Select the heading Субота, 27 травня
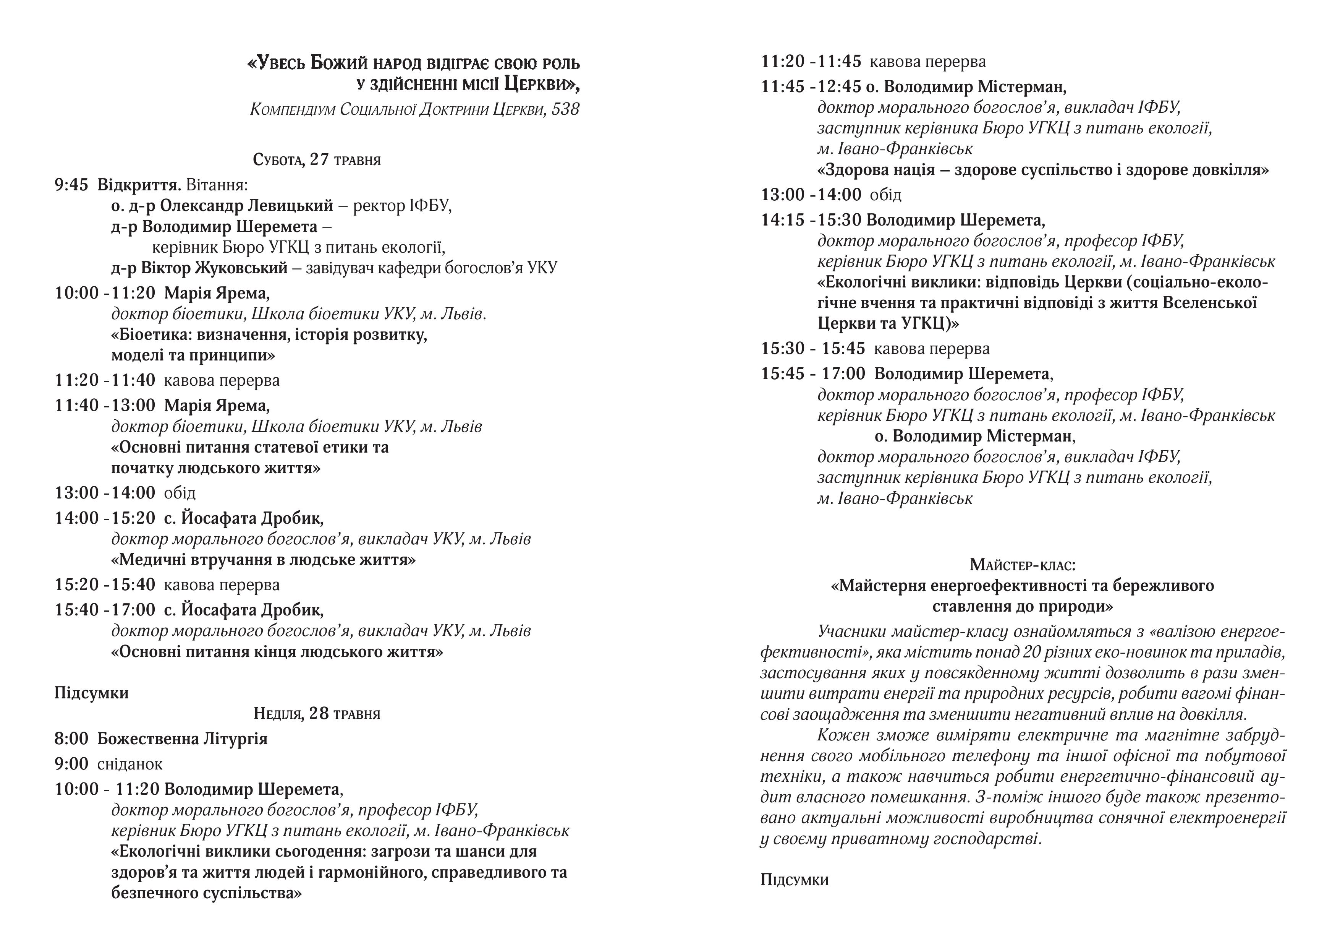pyautogui.click(x=317, y=159)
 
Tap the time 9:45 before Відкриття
pyautogui.click(x=71, y=185)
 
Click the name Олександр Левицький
pyautogui.click(x=246, y=206)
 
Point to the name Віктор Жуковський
pyautogui.click(x=214, y=268)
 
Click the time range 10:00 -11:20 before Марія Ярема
pyautogui.click(x=105, y=293)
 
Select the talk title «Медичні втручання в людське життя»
pyautogui.click(x=263, y=560)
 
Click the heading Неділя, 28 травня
pyautogui.click(x=317, y=713)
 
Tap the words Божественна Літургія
pyautogui.click(x=182, y=739)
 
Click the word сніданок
pyautogui.click(x=129, y=764)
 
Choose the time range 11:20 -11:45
pyautogui.click(x=811, y=61)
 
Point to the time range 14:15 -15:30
pyautogui.click(x=811, y=220)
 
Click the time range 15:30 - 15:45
pyautogui.click(x=813, y=349)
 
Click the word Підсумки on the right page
pyautogui.click(x=794, y=880)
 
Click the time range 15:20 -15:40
pyautogui.click(x=105, y=585)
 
